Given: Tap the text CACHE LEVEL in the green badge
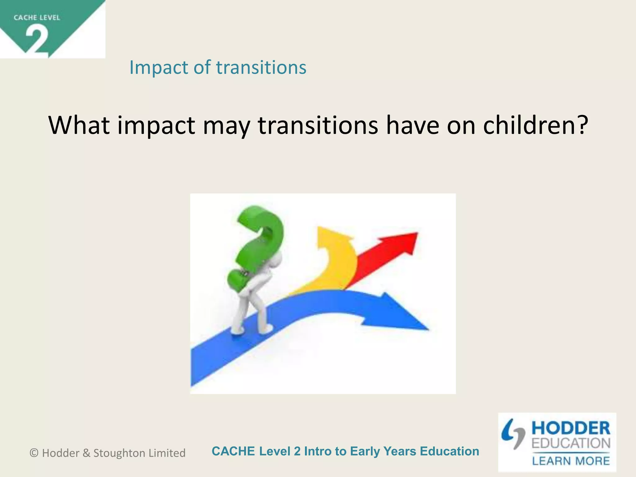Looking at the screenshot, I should click(37, 18).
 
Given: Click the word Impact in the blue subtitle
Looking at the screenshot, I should click(159, 68).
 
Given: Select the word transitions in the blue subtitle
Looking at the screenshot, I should click(261, 67).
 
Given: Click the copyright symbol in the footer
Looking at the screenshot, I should click(34, 453).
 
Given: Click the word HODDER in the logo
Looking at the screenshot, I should click(571, 429).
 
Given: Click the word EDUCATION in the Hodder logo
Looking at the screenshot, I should click(571, 443).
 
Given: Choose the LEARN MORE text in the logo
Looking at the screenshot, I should click(571, 461).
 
